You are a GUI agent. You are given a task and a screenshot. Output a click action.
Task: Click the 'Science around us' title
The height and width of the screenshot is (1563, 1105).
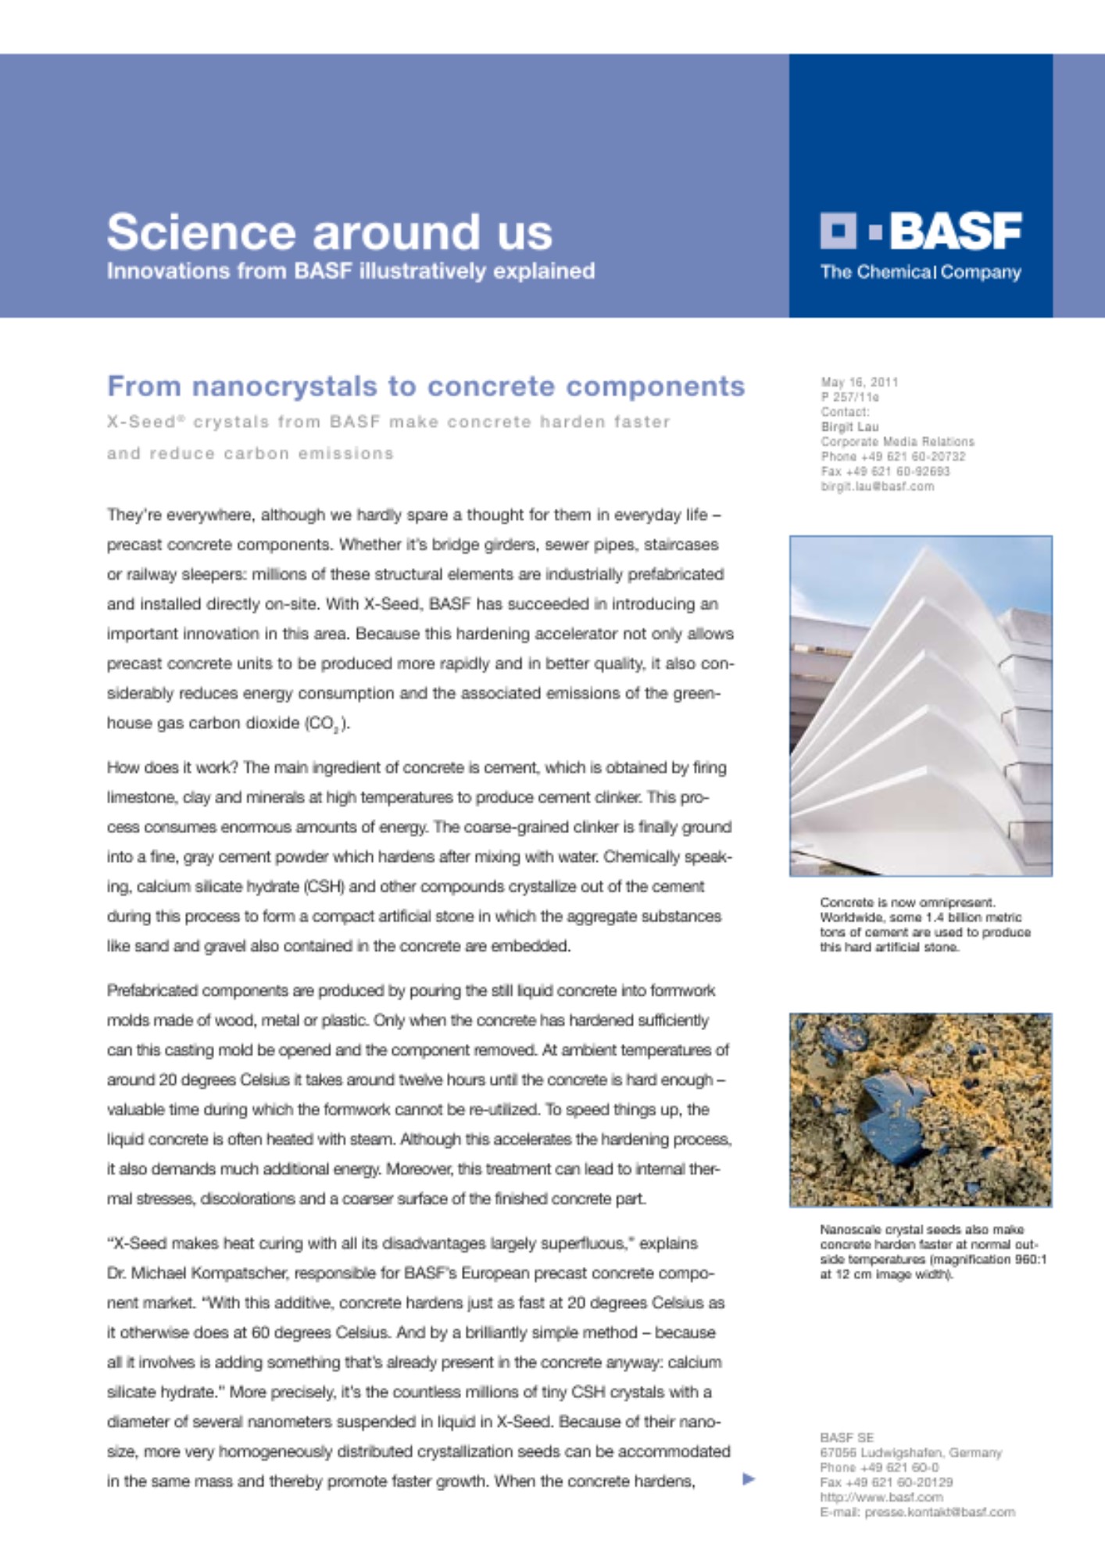pos(329,232)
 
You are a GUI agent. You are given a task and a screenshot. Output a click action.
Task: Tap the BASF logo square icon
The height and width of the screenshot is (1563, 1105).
pos(839,231)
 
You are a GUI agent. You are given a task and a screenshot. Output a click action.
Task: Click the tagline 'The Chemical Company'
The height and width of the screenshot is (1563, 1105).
pos(920,272)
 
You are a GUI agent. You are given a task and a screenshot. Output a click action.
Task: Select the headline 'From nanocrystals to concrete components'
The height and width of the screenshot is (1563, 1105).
pos(425,386)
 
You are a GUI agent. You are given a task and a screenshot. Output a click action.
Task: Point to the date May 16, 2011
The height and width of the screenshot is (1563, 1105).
pos(859,382)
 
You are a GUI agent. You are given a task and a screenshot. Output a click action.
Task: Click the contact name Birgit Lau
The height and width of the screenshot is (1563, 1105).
pos(849,427)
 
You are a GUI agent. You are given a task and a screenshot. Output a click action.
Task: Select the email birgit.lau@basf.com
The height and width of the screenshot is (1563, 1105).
pos(877,486)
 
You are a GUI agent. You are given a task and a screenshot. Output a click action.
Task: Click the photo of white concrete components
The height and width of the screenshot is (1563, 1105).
pos(920,705)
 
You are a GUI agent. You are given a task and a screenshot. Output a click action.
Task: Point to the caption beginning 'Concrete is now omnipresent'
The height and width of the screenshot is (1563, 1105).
pos(924,925)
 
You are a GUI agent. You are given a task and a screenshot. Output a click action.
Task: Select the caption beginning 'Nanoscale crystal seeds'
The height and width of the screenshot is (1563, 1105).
pos(932,1252)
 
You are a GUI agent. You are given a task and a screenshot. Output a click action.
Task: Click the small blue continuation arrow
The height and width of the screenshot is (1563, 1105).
pos(748,1479)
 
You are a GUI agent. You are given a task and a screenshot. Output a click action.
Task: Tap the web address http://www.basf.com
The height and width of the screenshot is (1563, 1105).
pos(881,1497)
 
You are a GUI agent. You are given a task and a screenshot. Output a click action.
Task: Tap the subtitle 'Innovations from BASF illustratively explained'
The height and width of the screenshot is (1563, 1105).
pos(350,271)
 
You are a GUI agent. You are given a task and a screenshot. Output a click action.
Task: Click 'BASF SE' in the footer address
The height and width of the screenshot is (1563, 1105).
pos(846,1437)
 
